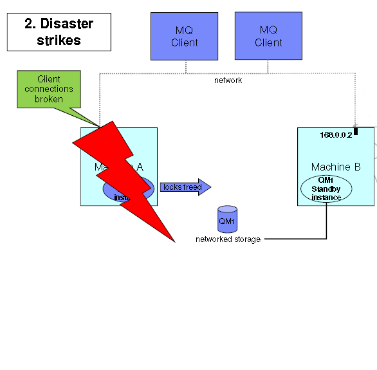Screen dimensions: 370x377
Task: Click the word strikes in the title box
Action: [59, 40]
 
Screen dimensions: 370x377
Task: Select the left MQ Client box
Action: [185, 36]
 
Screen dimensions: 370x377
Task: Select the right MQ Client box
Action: [268, 36]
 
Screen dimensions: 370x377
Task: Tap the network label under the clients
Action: [228, 80]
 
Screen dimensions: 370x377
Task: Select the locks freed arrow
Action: [185, 187]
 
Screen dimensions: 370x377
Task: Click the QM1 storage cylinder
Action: [227, 220]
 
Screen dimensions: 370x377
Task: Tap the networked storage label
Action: [228, 239]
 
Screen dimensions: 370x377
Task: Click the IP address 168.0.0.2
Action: [336, 135]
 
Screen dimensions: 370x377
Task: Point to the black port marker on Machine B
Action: [355, 131]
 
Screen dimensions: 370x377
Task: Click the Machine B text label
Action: [335, 167]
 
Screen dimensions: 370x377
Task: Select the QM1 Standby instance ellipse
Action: [326, 189]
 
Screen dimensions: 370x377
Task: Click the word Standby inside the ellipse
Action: [326, 189]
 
